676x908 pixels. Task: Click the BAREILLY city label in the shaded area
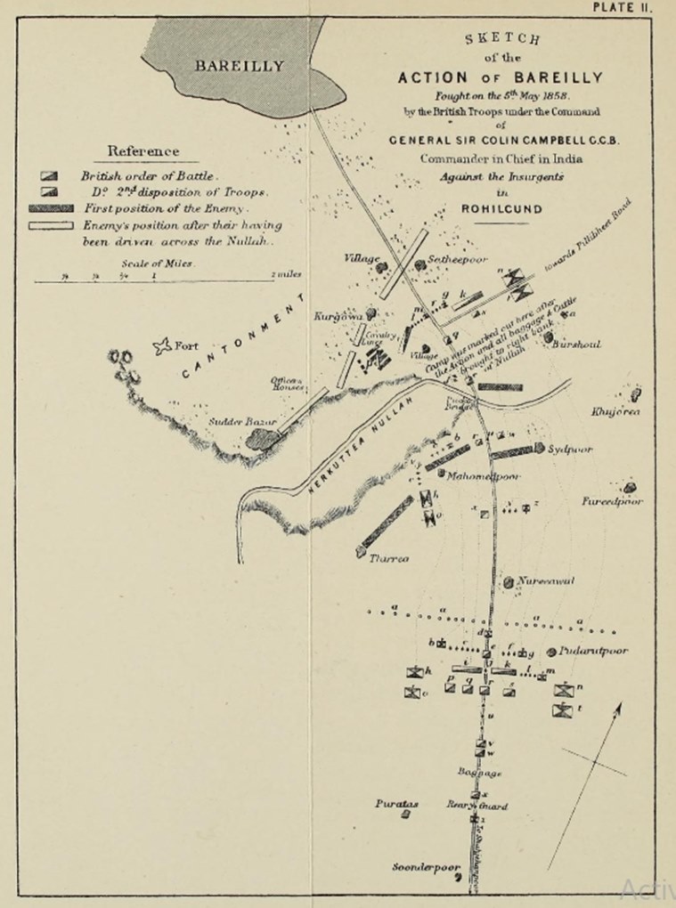click(x=240, y=65)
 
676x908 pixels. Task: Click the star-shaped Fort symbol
click(x=162, y=346)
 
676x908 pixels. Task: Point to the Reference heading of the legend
click(x=143, y=151)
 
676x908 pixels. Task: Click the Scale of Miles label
click(x=157, y=264)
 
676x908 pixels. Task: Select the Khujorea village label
click(x=615, y=411)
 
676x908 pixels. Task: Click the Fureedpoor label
click(x=612, y=502)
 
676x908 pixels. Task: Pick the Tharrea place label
click(x=388, y=558)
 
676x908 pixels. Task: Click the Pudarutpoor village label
click(x=594, y=651)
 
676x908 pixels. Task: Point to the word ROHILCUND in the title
click(x=501, y=209)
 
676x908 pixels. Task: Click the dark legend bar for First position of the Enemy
click(x=51, y=207)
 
